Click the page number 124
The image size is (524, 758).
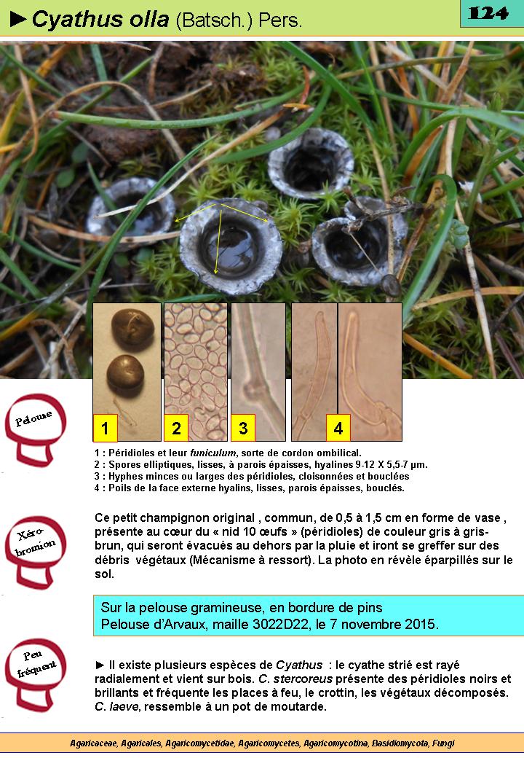488,13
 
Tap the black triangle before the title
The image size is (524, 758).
18,19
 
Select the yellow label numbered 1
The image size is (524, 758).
105,428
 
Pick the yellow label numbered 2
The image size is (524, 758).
176,428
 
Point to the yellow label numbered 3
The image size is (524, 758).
243,428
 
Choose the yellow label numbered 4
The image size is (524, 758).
338,428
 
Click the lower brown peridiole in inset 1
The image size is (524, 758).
125,375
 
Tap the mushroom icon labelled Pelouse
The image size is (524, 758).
35,429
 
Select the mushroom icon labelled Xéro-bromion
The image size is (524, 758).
35,552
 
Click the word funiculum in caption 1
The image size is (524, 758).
213,453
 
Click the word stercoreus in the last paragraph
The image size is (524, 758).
303,679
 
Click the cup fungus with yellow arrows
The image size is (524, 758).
231,246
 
